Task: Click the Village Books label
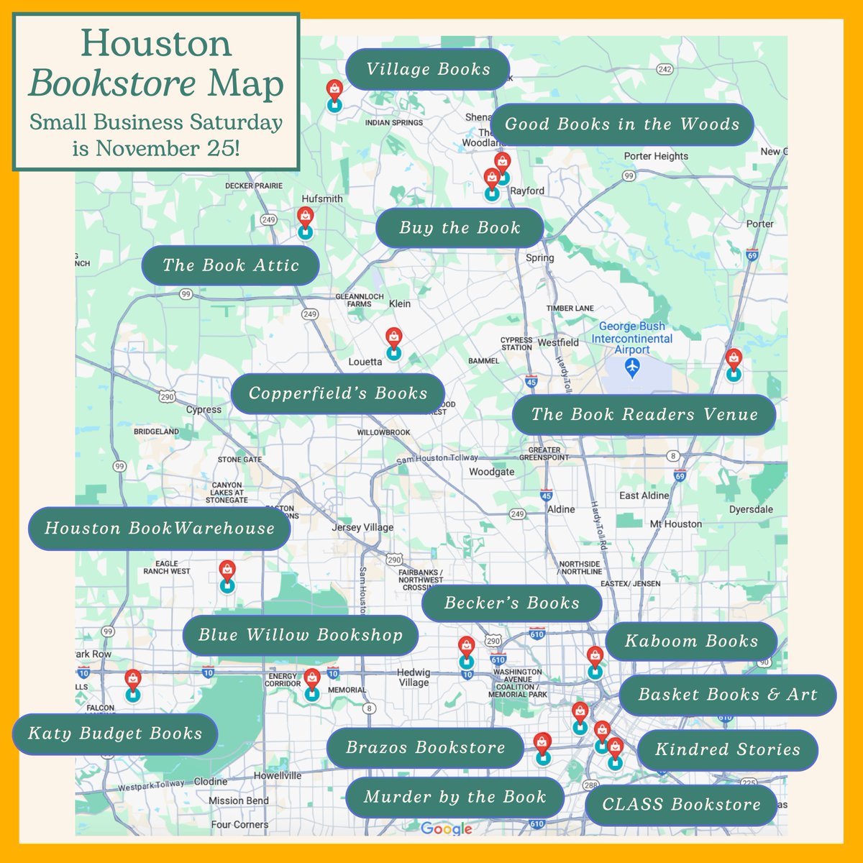point(428,69)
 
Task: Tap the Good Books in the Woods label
point(622,124)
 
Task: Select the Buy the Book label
point(460,228)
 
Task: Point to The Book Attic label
point(230,265)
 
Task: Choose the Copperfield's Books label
point(338,393)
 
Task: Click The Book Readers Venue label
point(644,414)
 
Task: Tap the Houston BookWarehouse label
point(160,529)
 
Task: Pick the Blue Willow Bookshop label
point(300,635)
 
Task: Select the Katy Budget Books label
point(115,734)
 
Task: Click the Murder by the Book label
point(455,797)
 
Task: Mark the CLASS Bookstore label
point(681,805)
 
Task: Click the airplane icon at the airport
point(632,367)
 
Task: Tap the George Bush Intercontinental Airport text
point(632,338)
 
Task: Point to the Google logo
point(446,828)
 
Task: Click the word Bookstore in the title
point(113,84)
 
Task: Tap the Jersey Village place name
point(362,527)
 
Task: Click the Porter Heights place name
point(656,156)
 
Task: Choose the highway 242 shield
point(665,70)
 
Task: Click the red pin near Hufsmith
point(306,216)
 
